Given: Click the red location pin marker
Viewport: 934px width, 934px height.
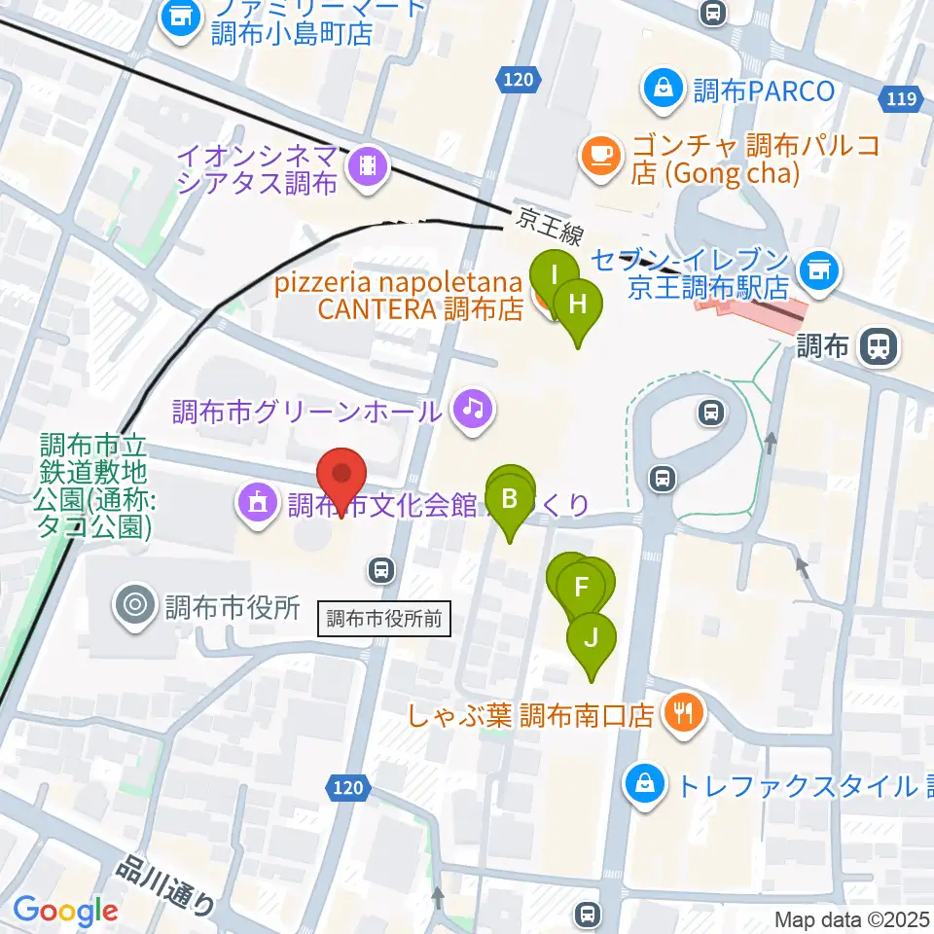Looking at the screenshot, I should [x=341, y=476].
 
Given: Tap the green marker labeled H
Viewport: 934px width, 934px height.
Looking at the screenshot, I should [x=578, y=303].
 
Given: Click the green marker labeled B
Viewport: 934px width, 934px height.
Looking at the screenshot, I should [x=509, y=500].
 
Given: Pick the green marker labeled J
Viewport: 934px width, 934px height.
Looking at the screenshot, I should [x=591, y=639].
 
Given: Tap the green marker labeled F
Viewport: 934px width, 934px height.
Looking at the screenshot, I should [x=582, y=588].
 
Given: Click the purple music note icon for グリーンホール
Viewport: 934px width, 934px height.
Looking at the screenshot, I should [x=473, y=407].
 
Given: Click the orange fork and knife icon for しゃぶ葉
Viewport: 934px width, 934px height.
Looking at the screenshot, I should [x=683, y=713].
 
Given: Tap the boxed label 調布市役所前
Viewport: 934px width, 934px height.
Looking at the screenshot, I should [x=385, y=617].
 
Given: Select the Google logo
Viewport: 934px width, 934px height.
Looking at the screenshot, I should [x=65, y=911].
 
